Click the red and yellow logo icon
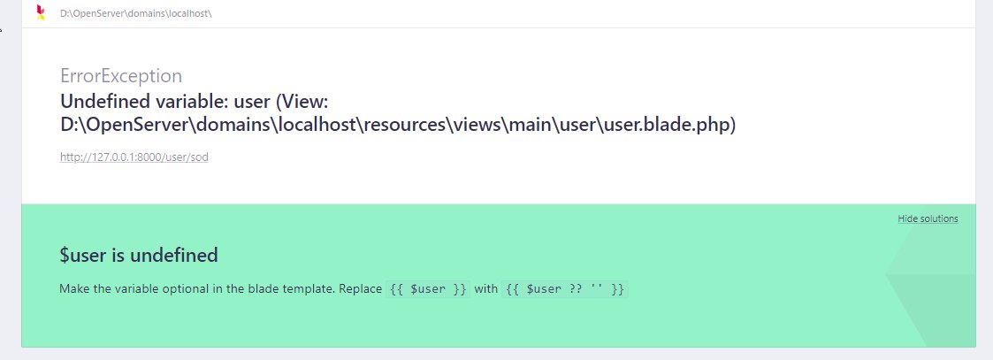click(x=40, y=12)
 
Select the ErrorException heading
click(x=121, y=75)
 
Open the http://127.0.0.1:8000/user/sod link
click(x=134, y=157)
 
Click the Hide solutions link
click(x=928, y=218)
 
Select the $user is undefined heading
click(x=139, y=256)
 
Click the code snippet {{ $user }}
click(x=429, y=289)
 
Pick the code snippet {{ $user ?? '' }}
click(x=565, y=289)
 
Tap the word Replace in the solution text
click(x=360, y=289)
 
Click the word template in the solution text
click(x=305, y=289)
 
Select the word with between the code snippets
click(x=486, y=289)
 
